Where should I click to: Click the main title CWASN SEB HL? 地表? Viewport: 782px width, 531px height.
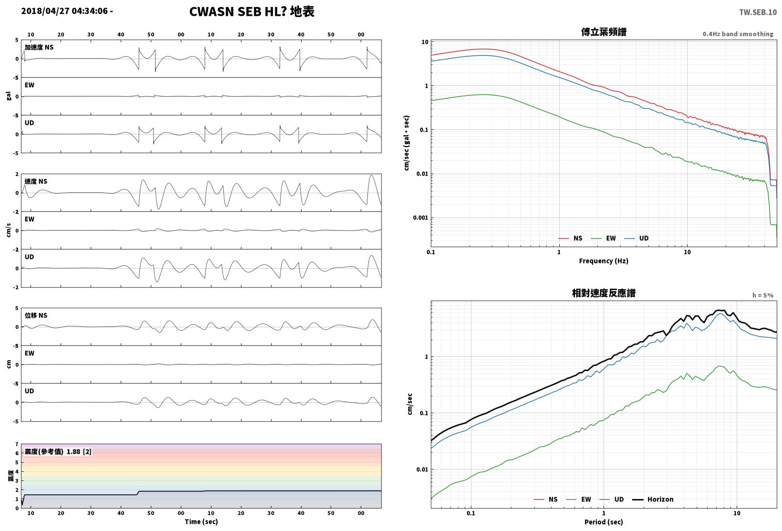pos(252,11)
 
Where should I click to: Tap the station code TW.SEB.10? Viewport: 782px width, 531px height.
pos(758,12)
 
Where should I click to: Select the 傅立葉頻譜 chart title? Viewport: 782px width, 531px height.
pos(604,32)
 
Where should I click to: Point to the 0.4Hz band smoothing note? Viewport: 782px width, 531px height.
pos(738,34)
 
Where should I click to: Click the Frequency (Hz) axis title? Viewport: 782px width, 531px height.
pos(603,261)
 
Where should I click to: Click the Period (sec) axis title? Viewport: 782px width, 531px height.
pos(603,522)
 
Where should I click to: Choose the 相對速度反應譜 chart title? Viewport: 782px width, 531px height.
pos(604,293)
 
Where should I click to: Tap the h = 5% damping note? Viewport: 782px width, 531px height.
pos(762,295)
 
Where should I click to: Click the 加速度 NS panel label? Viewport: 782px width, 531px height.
pos(39,47)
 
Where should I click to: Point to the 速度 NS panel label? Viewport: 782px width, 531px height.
pos(36,181)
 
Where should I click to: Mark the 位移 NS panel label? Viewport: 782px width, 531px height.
pos(36,315)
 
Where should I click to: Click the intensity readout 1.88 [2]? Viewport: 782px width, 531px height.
pos(79,452)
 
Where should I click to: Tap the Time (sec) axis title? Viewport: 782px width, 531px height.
pos(201,521)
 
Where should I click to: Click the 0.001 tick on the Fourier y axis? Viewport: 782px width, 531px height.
pos(420,218)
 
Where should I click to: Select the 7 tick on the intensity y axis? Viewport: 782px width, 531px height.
pos(17,444)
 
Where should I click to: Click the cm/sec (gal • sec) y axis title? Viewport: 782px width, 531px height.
pos(407,143)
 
